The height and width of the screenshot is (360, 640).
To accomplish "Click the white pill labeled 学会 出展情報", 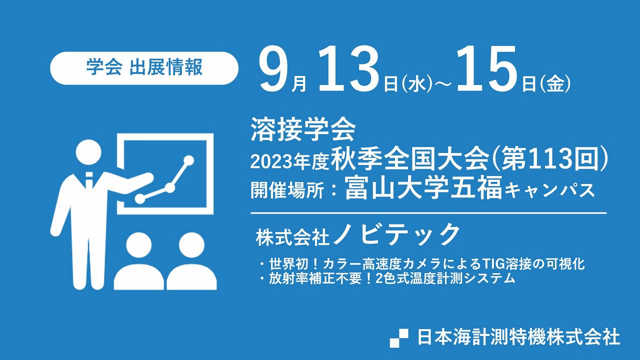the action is [x=144, y=68].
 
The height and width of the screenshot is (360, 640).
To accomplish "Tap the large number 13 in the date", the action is [x=349, y=70].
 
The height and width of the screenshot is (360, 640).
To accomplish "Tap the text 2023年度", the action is [x=290, y=161].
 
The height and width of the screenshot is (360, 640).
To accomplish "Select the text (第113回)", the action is [x=549, y=160].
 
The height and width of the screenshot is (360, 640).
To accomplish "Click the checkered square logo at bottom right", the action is [x=399, y=338].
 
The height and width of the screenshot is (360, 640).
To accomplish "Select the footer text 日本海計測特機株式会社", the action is [x=518, y=337].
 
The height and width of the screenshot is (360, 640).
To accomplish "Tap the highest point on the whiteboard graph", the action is [x=188, y=160].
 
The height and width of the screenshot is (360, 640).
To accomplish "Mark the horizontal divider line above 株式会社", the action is [x=428, y=213].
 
